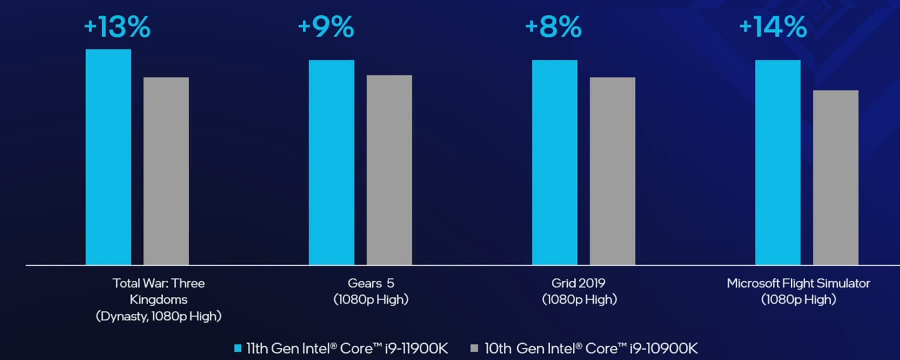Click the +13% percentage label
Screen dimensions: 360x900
(117, 26)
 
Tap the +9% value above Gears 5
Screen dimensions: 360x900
(326, 26)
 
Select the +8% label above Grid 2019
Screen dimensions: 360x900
(553, 26)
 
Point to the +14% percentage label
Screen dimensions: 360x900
(773, 26)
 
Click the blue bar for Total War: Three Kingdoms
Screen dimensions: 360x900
(108, 157)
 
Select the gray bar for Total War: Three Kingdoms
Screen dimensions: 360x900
(166, 171)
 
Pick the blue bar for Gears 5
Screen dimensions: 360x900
(331, 162)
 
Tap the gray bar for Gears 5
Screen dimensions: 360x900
(389, 170)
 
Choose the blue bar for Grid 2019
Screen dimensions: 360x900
(554, 162)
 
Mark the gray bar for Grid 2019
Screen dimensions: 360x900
(612, 171)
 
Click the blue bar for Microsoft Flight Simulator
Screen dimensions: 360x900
(778, 162)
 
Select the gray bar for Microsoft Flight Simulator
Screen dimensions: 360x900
(836, 177)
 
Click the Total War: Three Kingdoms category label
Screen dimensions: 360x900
(159, 299)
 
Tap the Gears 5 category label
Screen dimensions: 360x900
(371, 291)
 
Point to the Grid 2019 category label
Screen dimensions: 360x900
(579, 291)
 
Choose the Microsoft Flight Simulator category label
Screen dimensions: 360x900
(798, 291)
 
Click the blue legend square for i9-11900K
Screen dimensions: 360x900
(238, 348)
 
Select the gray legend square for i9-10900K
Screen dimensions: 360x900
(474, 348)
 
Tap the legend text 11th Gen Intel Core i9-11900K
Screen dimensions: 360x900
(347, 348)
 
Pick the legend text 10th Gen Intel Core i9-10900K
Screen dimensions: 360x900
(591, 348)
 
